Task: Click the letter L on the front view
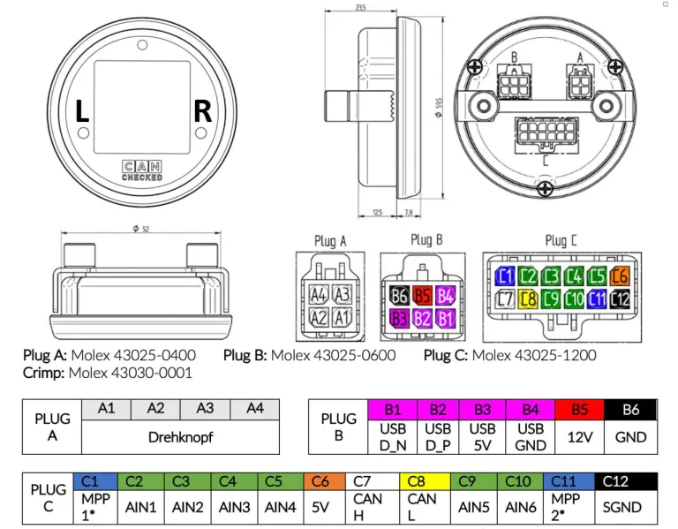82,112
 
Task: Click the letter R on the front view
202,112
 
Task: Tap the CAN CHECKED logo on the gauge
141,171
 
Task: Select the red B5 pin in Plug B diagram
423,296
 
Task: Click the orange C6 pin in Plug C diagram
620,276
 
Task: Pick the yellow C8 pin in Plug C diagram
528,299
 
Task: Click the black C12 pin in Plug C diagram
620,299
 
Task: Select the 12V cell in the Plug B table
580,436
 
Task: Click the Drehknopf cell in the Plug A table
180,436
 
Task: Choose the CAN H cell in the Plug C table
367,507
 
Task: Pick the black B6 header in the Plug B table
631,409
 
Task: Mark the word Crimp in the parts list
43,373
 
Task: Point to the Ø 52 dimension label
139,228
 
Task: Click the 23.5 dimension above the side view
361,8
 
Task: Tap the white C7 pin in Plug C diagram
505,299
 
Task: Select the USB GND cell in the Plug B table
531,436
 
